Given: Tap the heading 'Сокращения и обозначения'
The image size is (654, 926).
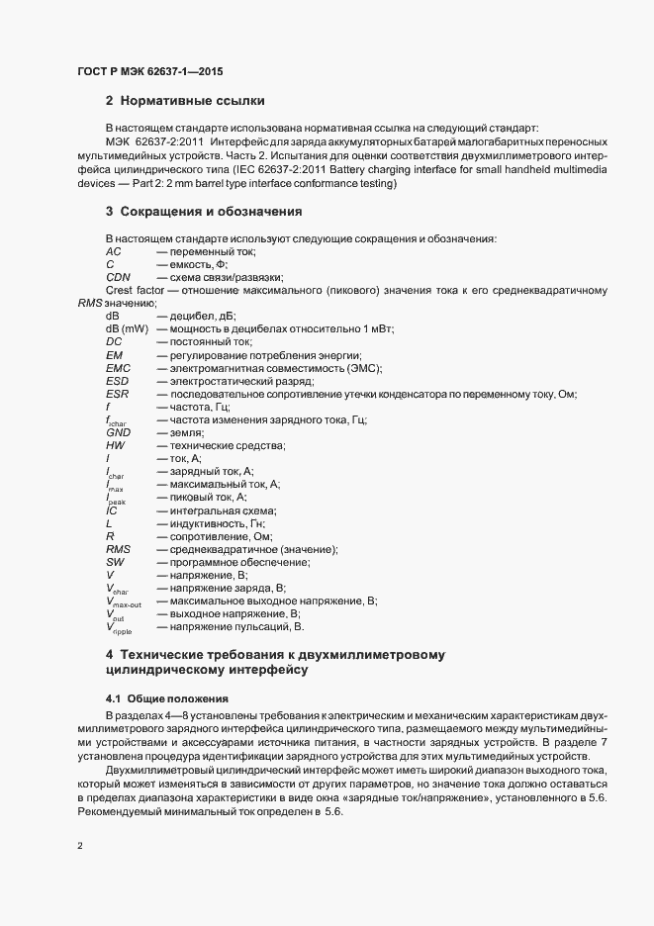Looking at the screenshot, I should pyautogui.click(x=210, y=212).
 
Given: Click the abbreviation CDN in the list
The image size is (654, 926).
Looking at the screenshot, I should pyautogui.click(x=118, y=278).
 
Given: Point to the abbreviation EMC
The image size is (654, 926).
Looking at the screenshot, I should pyautogui.click(x=118, y=368).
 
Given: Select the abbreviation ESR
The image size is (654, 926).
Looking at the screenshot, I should pyautogui.click(x=117, y=394).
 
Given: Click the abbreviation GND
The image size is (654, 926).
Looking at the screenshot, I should pyautogui.click(x=118, y=432).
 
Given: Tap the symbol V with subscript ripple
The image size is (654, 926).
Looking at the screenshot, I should pyautogui.click(x=118, y=627).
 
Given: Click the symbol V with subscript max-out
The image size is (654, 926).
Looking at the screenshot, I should pyautogui.click(x=124, y=602).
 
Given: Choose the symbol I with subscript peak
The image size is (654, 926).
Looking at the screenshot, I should pyautogui.click(x=115, y=499).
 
